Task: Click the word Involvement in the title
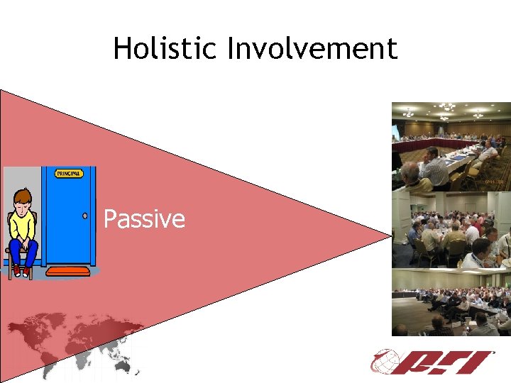coord(312,49)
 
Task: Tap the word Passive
coord(144,219)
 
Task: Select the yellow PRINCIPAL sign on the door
coord(70,173)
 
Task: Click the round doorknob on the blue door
coord(84,215)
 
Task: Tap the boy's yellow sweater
coord(23,225)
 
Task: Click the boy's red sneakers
coord(21,271)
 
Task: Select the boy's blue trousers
coord(23,252)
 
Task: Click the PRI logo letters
coord(447,362)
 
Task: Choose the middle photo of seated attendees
coord(451,230)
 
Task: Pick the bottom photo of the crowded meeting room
coord(451,302)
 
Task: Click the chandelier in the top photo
coord(447,108)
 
